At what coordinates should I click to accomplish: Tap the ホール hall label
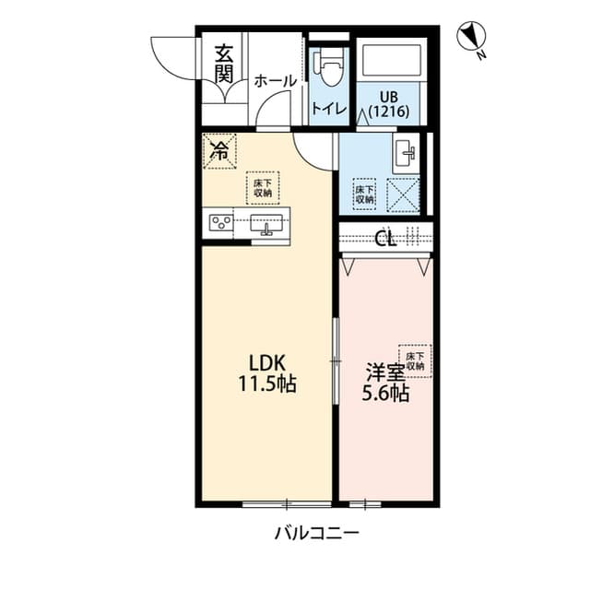click(275, 81)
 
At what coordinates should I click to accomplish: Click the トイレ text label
click(329, 109)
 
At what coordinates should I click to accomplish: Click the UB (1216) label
click(388, 103)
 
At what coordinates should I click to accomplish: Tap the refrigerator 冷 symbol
click(219, 150)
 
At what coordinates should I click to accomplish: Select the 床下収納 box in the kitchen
click(263, 187)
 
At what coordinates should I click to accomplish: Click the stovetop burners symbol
click(220, 222)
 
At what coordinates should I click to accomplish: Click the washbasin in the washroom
click(406, 154)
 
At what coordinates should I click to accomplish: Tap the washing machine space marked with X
click(402, 194)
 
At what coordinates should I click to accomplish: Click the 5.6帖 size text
click(384, 394)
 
